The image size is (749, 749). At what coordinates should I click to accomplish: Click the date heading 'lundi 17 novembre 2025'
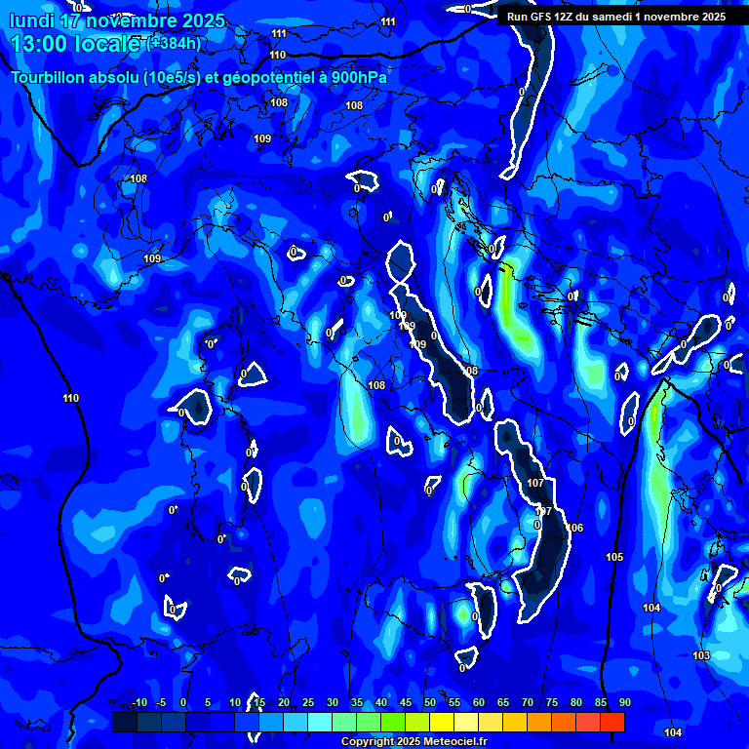pyautogui.click(x=117, y=20)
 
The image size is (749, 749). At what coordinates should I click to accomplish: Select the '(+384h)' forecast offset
pyautogui.click(x=175, y=43)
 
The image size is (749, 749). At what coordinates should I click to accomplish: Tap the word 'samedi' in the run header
pyautogui.click(x=621, y=17)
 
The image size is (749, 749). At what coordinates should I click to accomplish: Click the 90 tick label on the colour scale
pyautogui.click(x=624, y=702)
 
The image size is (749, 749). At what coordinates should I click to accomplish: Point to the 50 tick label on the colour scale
pyautogui.click(x=430, y=702)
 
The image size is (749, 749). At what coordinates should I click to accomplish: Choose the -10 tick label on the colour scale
pyautogui.click(x=138, y=702)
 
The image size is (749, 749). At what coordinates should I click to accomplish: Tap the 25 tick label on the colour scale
pyautogui.click(x=308, y=702)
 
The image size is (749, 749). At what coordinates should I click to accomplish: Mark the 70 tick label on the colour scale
pyautogui.click(x=528, y=702)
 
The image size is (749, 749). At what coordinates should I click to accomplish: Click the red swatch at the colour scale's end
pyautogui.click(x=612, y=722)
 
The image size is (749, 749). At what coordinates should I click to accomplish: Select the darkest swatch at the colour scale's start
pyautogui.click(x=125, y=722)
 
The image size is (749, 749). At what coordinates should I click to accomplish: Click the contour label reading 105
pyautogui.click(x=614, y=558)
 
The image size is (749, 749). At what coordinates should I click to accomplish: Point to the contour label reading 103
pyautogui.click(x=701, y=655)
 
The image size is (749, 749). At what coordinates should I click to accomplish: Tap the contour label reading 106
pyautogui.click(x=574, y=528)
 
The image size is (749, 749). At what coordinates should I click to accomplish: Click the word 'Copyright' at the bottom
pyautogui.click(x=368, y=742)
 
